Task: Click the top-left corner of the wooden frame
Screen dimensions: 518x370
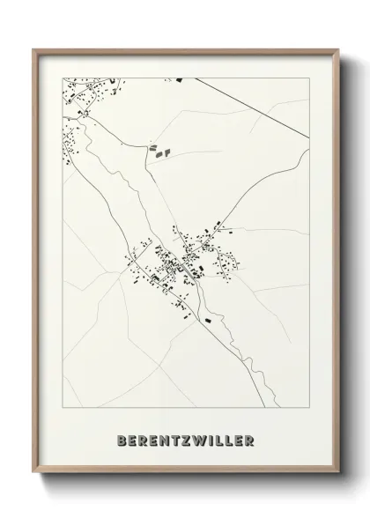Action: pos(34,49)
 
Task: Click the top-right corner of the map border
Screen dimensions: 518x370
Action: pos(309,78)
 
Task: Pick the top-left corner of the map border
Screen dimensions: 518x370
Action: pos(62,78)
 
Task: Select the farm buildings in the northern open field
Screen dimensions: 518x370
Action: pos(158,151)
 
